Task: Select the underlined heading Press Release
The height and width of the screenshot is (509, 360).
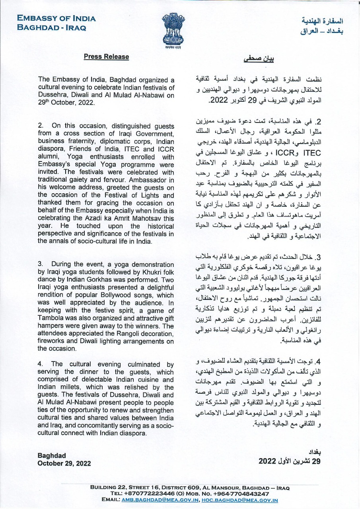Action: click(106, 57)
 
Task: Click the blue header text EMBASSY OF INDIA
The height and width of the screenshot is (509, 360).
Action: click(56, 19)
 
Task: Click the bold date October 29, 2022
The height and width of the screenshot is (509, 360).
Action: click(64, 463)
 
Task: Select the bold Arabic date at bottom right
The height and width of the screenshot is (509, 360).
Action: click(289, 461)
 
